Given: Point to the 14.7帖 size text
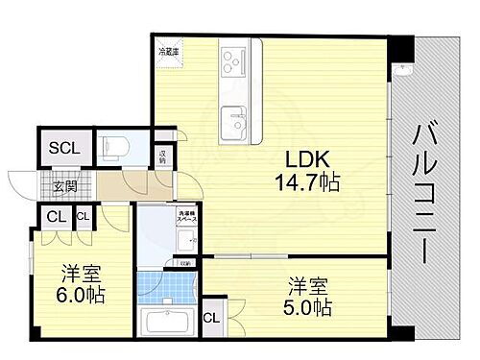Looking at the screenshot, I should coord(306,181).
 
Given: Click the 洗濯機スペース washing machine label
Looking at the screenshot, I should coord(186,220).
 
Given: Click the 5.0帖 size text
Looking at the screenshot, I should coord(309,307).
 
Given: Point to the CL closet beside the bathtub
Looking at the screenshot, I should coord(212,318).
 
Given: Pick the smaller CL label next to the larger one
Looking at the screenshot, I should coord(82,217).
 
